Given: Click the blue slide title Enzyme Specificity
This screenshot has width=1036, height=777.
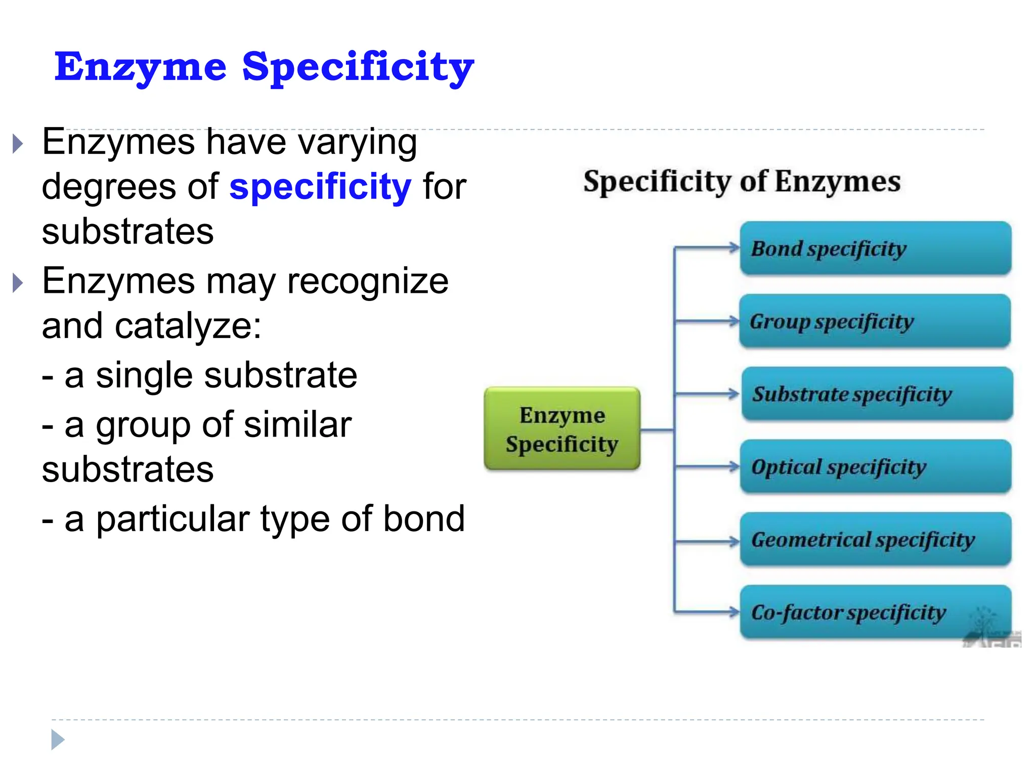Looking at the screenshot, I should click(x=264, y=67).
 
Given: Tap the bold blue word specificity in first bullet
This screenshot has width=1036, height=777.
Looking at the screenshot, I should click(x=320, y=187).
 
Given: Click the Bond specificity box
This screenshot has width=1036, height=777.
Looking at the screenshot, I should click(x=875, y=248).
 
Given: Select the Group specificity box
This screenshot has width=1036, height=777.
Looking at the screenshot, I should click(x=875, y=321).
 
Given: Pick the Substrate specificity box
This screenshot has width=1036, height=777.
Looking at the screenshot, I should click(x=877, y=394).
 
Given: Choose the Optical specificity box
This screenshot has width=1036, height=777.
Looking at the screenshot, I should click(x=875, y=467).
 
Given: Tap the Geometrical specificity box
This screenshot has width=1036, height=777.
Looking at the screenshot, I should click(x=875, y=540).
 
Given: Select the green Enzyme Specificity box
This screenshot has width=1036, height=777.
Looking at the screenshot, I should click(x=562, y=429).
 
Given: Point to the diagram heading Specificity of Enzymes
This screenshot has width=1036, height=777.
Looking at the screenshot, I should click(x=742, y=181).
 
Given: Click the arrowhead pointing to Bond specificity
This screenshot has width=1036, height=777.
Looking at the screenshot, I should click(x=734, y=247).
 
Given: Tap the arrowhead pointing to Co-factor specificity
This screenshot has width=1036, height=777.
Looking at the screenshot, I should click(x=734, y=612).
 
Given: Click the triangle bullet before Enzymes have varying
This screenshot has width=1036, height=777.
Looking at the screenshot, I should click(x=18, y=144).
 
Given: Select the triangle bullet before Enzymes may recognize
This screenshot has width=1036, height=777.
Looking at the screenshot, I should click(x=18, y=283).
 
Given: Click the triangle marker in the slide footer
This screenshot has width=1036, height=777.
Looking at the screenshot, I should click(x=58, y=740).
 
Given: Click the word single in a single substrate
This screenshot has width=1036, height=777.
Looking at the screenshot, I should click(x=144, y=376).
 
